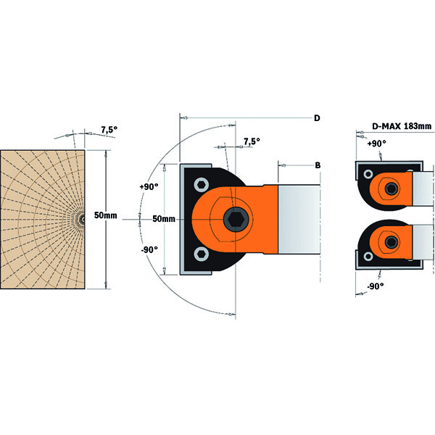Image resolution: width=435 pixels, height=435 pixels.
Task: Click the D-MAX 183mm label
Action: [x=402, y=126]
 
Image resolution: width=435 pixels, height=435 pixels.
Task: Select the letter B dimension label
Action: [x=318, y=166]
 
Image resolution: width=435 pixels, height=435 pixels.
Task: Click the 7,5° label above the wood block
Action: [x=109, y=130]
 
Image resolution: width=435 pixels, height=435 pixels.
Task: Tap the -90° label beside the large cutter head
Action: [x=149, y=250]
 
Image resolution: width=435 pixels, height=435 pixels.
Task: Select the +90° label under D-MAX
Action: [x=376, y=144]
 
